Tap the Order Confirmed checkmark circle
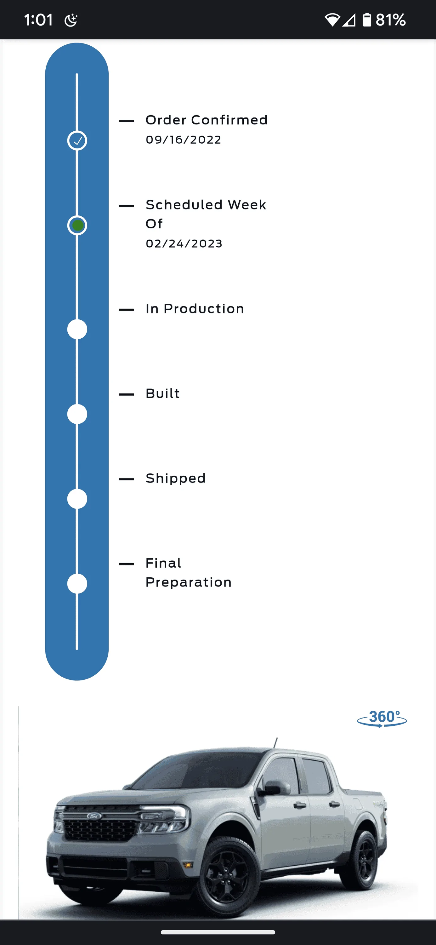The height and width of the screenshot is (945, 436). (x=77, y=140)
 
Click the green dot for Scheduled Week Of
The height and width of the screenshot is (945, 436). (x=77, y=225)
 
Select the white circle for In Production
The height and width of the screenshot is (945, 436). (x=77, y=329)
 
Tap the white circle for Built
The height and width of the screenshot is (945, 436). (x=77, y=414)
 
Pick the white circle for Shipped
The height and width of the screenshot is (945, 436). (x=77, y=499)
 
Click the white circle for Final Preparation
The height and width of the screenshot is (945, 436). (x=77, y=584)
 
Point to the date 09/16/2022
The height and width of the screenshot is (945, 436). (x=183, y=140)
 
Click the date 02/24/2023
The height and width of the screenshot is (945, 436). (x=184, y=243)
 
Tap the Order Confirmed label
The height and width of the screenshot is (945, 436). (x=207, y=120)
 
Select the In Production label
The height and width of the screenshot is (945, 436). (x=195, y=309)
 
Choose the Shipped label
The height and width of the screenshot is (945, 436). (x=176, y=478)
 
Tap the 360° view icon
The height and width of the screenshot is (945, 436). (x=382, y=718)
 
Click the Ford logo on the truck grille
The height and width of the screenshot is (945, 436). (x=94, y=816)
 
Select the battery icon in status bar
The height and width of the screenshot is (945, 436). (x=367, y=20)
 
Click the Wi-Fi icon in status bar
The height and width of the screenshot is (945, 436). (x=332, y=20)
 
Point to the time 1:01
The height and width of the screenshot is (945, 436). (x=38, y=20)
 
